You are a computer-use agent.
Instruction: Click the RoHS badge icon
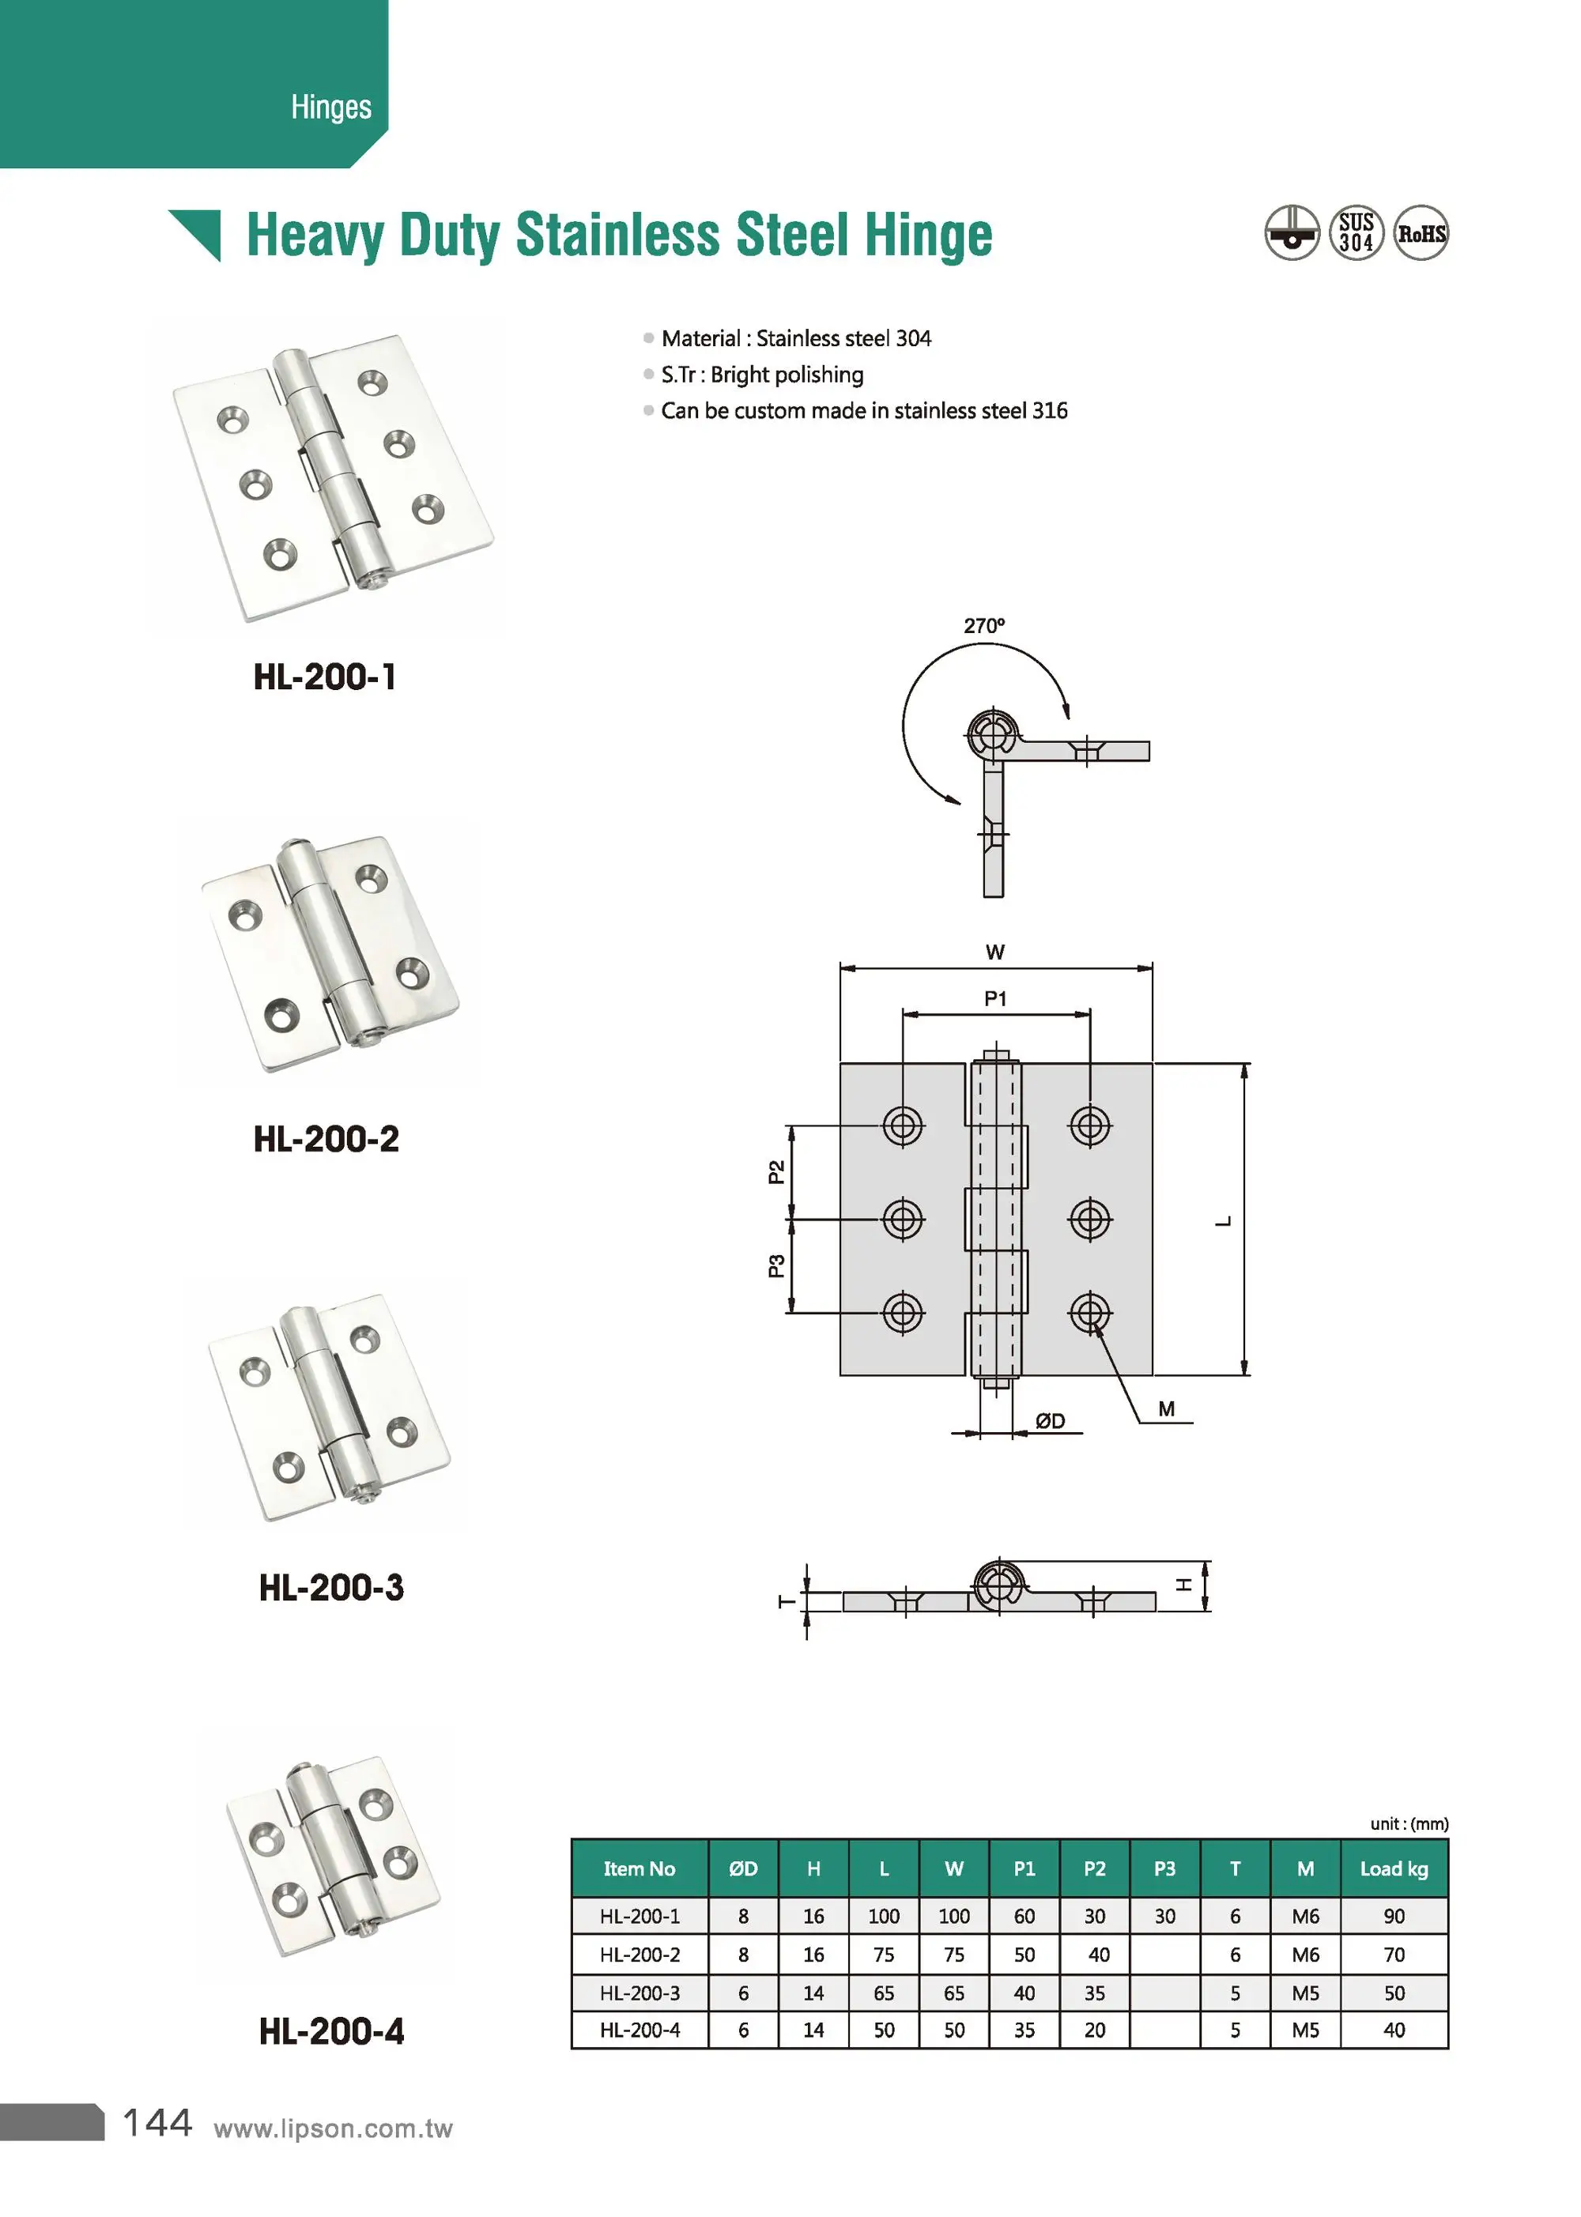[1421, 234]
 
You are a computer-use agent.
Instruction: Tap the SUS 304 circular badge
[1356, 234]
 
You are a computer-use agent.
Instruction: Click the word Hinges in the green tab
[331, 107]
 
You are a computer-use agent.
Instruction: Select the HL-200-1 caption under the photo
[325, 677]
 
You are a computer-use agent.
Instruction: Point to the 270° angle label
[983, 626]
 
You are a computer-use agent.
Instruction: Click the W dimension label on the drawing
[995, 952]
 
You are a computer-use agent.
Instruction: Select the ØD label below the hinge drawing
[1050, 1421]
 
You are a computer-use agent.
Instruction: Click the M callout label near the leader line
[1166, 1408]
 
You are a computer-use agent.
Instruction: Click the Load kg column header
[1393, 1868]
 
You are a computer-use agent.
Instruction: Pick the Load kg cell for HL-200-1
[1393, 1917]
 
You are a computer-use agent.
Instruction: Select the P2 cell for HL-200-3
[1094, 1993]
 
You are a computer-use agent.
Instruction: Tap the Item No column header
[639, 1868]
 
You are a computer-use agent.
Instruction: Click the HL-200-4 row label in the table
[640, 2030]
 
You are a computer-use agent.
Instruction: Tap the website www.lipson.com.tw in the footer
[333, 2128]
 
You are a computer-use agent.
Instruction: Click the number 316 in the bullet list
[1050, 411]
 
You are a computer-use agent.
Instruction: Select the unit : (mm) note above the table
[1409, 1824]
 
